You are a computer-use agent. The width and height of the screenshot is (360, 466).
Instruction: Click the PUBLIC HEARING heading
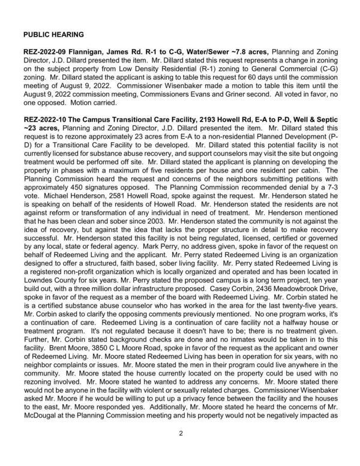pyautogui.click(x=53, y=34)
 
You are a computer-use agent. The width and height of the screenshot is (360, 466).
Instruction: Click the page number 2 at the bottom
pyautogui.click(x=180, y=434)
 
